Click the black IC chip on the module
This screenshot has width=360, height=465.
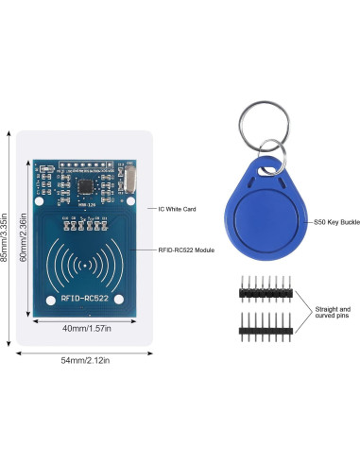pos(88,183)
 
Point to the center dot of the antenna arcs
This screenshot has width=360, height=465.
pos(85,266)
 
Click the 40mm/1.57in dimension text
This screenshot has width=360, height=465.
pos(86,329)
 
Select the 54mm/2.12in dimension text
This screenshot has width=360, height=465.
pos(86,360)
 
